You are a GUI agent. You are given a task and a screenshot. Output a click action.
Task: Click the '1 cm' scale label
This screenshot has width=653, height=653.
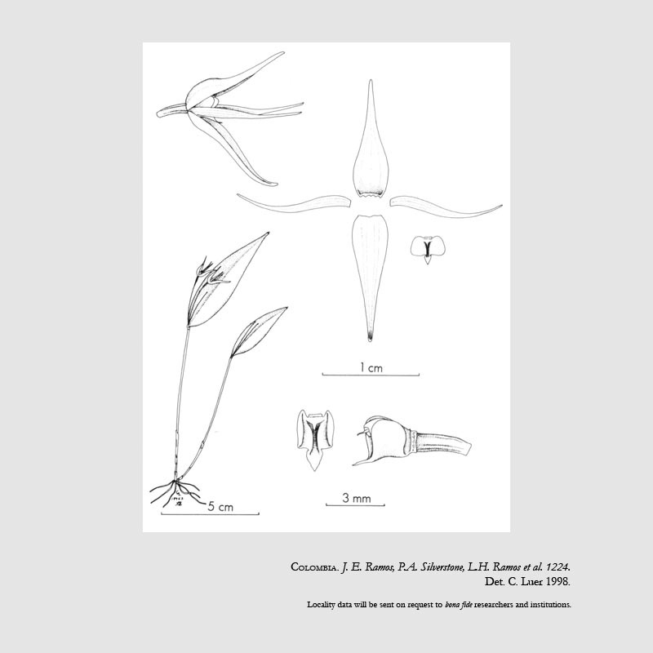[371, 368]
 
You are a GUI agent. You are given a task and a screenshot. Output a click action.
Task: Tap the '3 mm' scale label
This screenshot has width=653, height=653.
[357, 498]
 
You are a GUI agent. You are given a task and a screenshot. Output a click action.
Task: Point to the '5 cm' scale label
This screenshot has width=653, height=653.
[220, 507]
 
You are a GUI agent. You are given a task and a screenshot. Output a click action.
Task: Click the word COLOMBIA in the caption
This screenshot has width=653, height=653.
[314, 567]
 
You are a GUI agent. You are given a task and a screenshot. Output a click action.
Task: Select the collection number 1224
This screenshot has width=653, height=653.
[557, 566]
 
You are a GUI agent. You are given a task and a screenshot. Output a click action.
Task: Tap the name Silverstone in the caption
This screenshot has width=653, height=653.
[442, 566]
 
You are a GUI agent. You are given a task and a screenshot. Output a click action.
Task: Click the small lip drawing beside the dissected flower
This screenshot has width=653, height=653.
[428, 249]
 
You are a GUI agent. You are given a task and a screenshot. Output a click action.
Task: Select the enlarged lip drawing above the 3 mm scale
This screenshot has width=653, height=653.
[316, 439]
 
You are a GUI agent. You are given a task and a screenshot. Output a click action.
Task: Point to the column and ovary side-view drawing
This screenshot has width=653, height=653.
[411, 441]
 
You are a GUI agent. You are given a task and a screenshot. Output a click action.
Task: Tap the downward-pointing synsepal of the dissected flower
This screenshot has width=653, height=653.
[370, 271]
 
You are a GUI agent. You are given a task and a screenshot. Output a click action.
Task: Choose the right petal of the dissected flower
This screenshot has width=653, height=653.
[446, 207]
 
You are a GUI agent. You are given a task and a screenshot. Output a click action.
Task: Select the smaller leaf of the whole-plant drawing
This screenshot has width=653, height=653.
[257, 331]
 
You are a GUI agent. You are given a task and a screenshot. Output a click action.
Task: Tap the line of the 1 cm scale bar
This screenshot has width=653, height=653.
[371, 375]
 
